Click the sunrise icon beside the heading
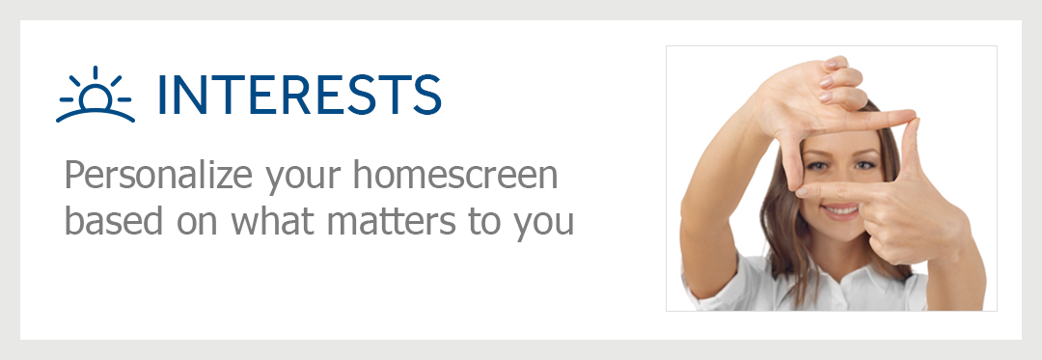point(95,95)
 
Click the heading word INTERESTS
point(299,95)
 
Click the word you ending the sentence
point(543,227)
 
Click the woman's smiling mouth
point(840,211)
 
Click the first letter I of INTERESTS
point(162,95)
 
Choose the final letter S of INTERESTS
point(425,95)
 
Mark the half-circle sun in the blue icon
point(95,99)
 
